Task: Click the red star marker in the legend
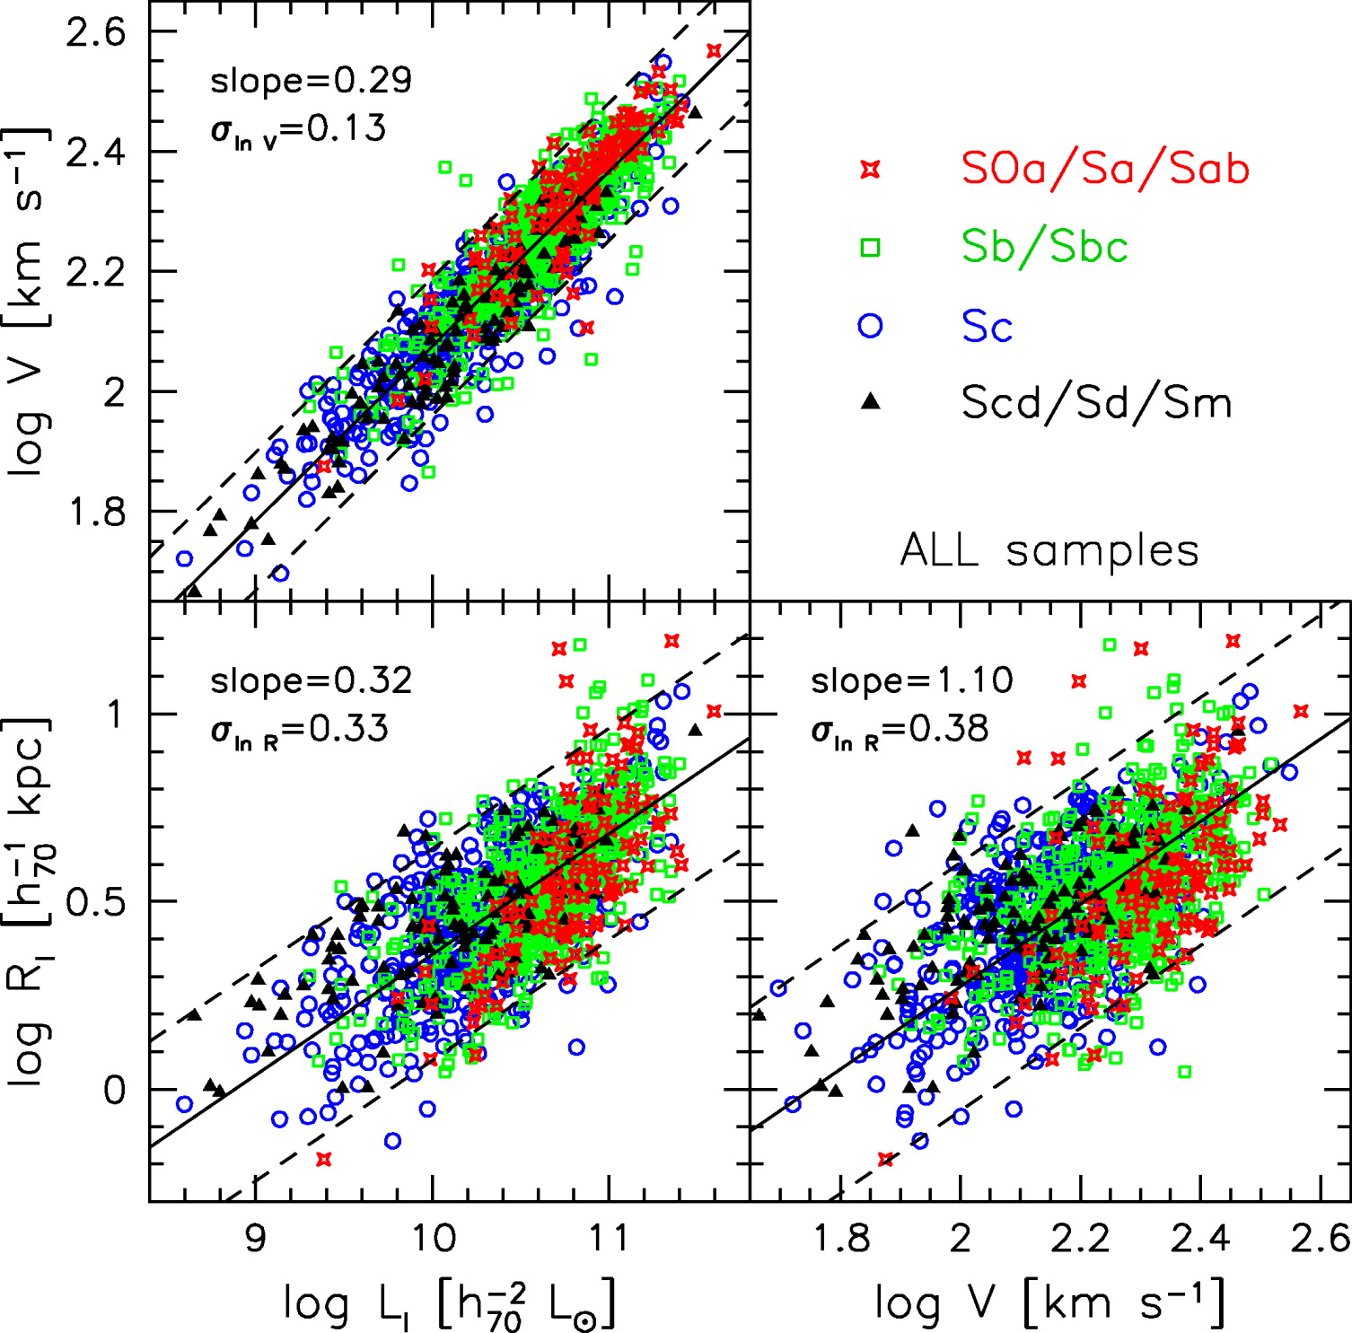point(869,169)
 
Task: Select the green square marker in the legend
point(869,247)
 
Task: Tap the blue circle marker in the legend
point(870,325)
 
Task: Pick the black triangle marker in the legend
point(869,402)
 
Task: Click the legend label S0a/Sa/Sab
point(1104,169)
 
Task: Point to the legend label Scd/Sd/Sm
point(1096,402)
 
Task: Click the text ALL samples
point(1049,550)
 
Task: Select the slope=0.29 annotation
point(311,81)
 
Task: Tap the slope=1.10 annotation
point(911,680)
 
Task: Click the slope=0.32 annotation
point(311,680)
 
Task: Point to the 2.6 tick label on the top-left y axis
point(95,33)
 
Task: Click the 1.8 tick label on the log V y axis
point(95,513)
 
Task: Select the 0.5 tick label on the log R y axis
point(95,902)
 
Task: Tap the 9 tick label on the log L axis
point(255,1238)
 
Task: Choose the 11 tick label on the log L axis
point(609,1238)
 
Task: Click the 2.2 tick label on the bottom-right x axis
point(1080,1238)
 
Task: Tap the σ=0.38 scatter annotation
point(900,729)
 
